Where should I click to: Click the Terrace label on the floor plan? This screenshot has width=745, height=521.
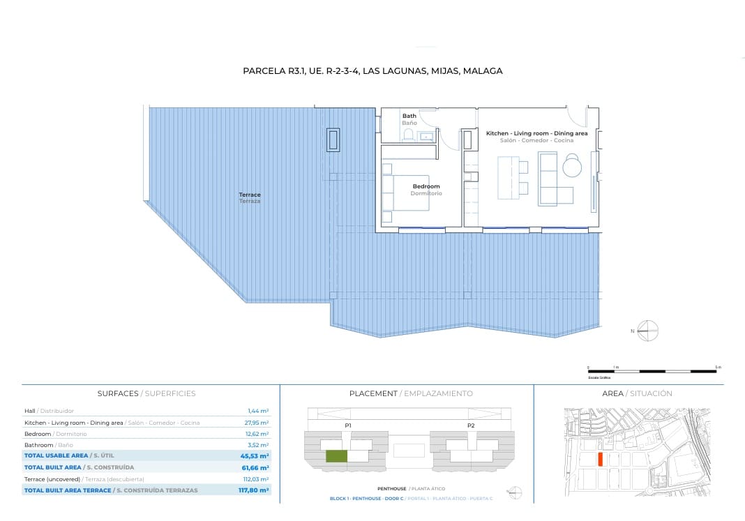[250, 195]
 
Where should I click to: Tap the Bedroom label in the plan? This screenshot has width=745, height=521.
[426, 187]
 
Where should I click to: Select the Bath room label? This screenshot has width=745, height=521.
[409, 116]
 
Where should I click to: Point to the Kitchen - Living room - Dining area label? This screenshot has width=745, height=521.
[536, 133]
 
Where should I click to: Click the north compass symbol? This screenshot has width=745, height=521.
[648, 331]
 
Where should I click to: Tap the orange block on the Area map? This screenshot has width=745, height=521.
[600, 460]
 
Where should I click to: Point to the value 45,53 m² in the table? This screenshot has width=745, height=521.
[255, 455]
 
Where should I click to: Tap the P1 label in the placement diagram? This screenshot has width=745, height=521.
[348, 425]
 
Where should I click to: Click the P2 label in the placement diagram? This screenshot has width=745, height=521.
[471, 425]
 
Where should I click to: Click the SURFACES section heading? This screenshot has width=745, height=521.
[118, 393]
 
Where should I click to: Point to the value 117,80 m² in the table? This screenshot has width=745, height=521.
[253, 490]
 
